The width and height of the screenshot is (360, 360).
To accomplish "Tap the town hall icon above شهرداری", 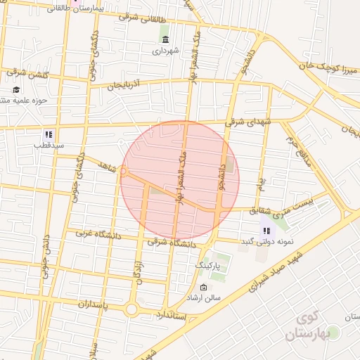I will coord(165,39).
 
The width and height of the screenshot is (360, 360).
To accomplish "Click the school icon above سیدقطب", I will coord(48,134).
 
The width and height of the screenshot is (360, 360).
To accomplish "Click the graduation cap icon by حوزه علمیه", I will coord(16,90).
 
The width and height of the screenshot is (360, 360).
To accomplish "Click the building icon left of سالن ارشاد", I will coord(204,287).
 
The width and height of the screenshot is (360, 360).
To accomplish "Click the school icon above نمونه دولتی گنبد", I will coord(266,229).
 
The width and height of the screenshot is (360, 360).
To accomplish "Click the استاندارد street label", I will coord(172,314).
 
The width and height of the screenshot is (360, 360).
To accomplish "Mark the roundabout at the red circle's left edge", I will coord(124,171).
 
